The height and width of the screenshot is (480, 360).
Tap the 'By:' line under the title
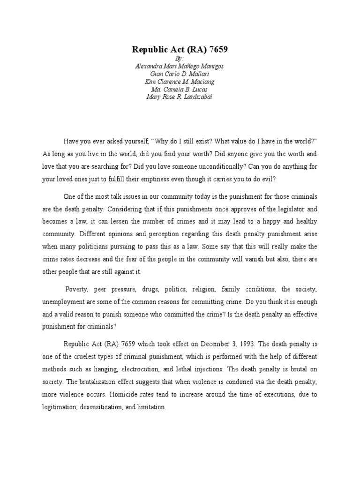[180, 59]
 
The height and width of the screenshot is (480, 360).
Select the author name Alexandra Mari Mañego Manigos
[180, 66]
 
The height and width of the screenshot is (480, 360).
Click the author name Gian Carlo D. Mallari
[180, 74]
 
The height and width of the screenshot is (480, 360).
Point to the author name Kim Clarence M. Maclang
[180, 82]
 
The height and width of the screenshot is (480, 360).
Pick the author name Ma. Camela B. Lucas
[180, 89]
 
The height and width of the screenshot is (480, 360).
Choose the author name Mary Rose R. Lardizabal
[180, 97]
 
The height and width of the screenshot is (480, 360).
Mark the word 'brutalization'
[101, 382]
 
